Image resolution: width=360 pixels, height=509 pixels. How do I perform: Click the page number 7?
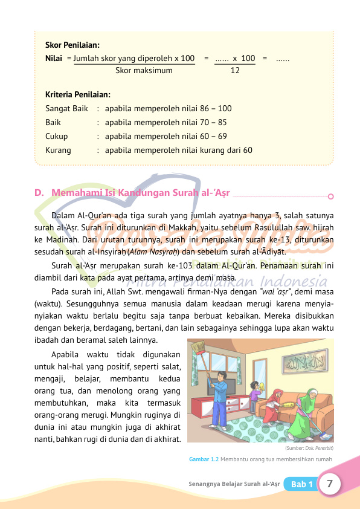(x=330, y=484)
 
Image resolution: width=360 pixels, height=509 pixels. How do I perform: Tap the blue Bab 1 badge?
(x=301, y=485)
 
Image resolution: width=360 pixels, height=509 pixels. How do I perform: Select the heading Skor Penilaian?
(x=72, y=45)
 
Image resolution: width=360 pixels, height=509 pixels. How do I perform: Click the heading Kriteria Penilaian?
(x=77, y=95)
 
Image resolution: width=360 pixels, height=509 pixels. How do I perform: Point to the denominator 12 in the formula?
(x=236, y=70)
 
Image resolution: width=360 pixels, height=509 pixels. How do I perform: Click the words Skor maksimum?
(x=143, y=70)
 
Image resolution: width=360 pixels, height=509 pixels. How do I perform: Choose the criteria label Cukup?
(x=57, y=137)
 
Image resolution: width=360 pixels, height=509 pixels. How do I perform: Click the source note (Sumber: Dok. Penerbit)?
(x=309, y=449)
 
